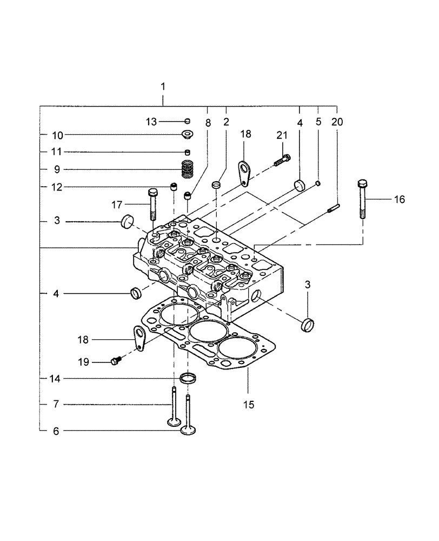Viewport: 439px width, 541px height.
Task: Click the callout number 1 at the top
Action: (163, 87)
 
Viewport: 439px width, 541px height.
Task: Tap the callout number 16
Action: (399, 200)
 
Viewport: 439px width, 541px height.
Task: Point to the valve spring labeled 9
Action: (187, 169)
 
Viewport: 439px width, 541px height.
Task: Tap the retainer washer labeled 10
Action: (188, 134)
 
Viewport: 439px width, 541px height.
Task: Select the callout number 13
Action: (150, 121)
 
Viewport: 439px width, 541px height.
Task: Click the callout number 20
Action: (337, 123)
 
